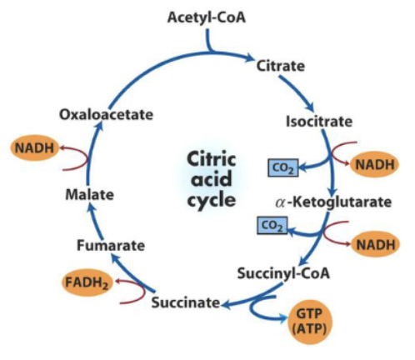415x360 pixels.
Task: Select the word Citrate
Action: pos(281,64)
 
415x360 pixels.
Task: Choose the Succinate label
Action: pos(185,302)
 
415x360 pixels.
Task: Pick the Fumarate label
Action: pos(111,245)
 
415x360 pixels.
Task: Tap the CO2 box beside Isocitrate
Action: pos(282,168)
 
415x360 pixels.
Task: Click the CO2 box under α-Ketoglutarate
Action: pos(271,225)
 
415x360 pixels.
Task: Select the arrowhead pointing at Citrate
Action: pos(249,58)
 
